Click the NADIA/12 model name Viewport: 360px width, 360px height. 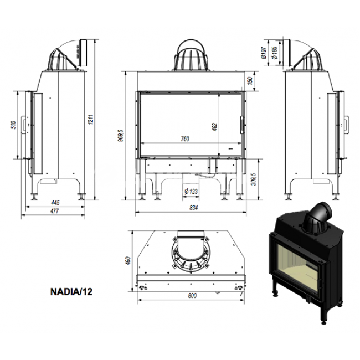(71, 291)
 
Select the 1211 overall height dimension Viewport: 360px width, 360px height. (91, 120)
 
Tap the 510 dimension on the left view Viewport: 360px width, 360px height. (14, 125)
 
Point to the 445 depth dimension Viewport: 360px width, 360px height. (55, 203)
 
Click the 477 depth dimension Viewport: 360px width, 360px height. (55, 211)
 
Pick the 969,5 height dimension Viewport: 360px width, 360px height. (121, 136)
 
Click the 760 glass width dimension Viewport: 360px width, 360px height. (185, 139)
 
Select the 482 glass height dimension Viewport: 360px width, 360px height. (215, 127)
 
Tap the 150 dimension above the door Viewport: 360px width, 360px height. (250, 81)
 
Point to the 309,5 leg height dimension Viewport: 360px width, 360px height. (254, 179)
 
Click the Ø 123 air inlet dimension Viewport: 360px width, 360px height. (191, 191)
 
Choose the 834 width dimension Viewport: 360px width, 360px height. (193, 208)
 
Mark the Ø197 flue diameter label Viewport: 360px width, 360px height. (264, 53)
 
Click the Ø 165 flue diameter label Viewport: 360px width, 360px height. (274, 53)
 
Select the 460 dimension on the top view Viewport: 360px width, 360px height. (128, 261)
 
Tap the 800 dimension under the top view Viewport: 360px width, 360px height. (192, 296)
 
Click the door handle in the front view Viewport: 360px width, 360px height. (242, 125)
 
